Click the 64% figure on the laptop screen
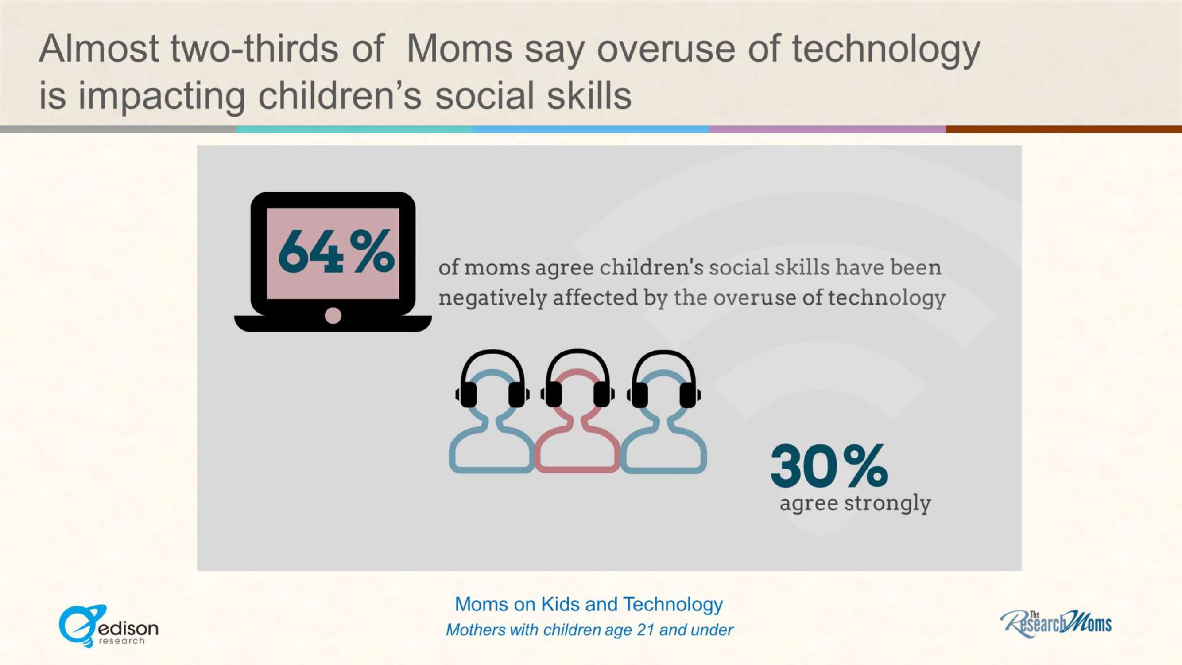pyautogui.click(x=336, y=251)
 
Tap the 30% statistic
pyautogui.click(x=829, y=465)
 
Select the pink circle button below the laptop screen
pyautogui.click(x=333, y=316)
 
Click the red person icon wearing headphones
pyautogui.click(x=577, y=411)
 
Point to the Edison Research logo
pyautogui.click(x=109, y=626)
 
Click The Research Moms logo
pyautogui.click(x=1055, y=624)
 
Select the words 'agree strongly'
pyautogui.click(x=855, y=503)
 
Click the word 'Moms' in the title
pyautogui.click(x=459, y=49)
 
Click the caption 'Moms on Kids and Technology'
pyautogui.click(x=589, y=604)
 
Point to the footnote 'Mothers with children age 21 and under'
pyautogui.click(x=589, y=630)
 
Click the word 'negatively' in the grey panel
pyautogui.click(x=492, y=298)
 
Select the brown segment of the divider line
pyautogui.click(x=1064, y=129)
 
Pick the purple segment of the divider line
pyautogui.click(x=827, y=129)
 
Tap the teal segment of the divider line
pyautogui.click(x=355, y=129)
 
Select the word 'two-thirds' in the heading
pyautogui.click(x=255, y=49)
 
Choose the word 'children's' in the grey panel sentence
pyautogui.click(x=651, y=267)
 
